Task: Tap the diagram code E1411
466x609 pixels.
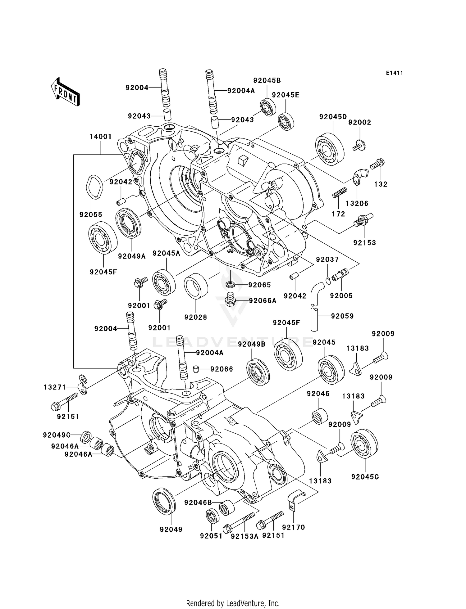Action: tap(395, 73)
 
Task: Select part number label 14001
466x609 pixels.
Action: tap(100, 137)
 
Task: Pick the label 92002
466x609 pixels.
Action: tap(359, 122)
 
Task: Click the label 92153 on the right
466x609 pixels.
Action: tap(364, 243)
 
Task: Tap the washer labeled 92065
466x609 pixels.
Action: tap(230, 284)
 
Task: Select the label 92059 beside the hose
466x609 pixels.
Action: tap(342, 316)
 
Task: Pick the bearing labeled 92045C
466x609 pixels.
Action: tap(364, 443)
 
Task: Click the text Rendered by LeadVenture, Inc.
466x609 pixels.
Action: tap(233, 603)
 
